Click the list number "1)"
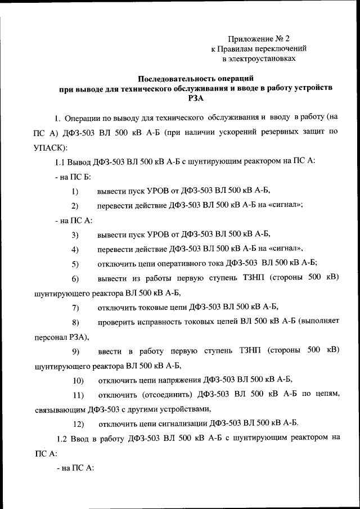click(74, 191)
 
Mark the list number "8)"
click(74, 322)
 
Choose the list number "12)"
click(78, 422)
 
